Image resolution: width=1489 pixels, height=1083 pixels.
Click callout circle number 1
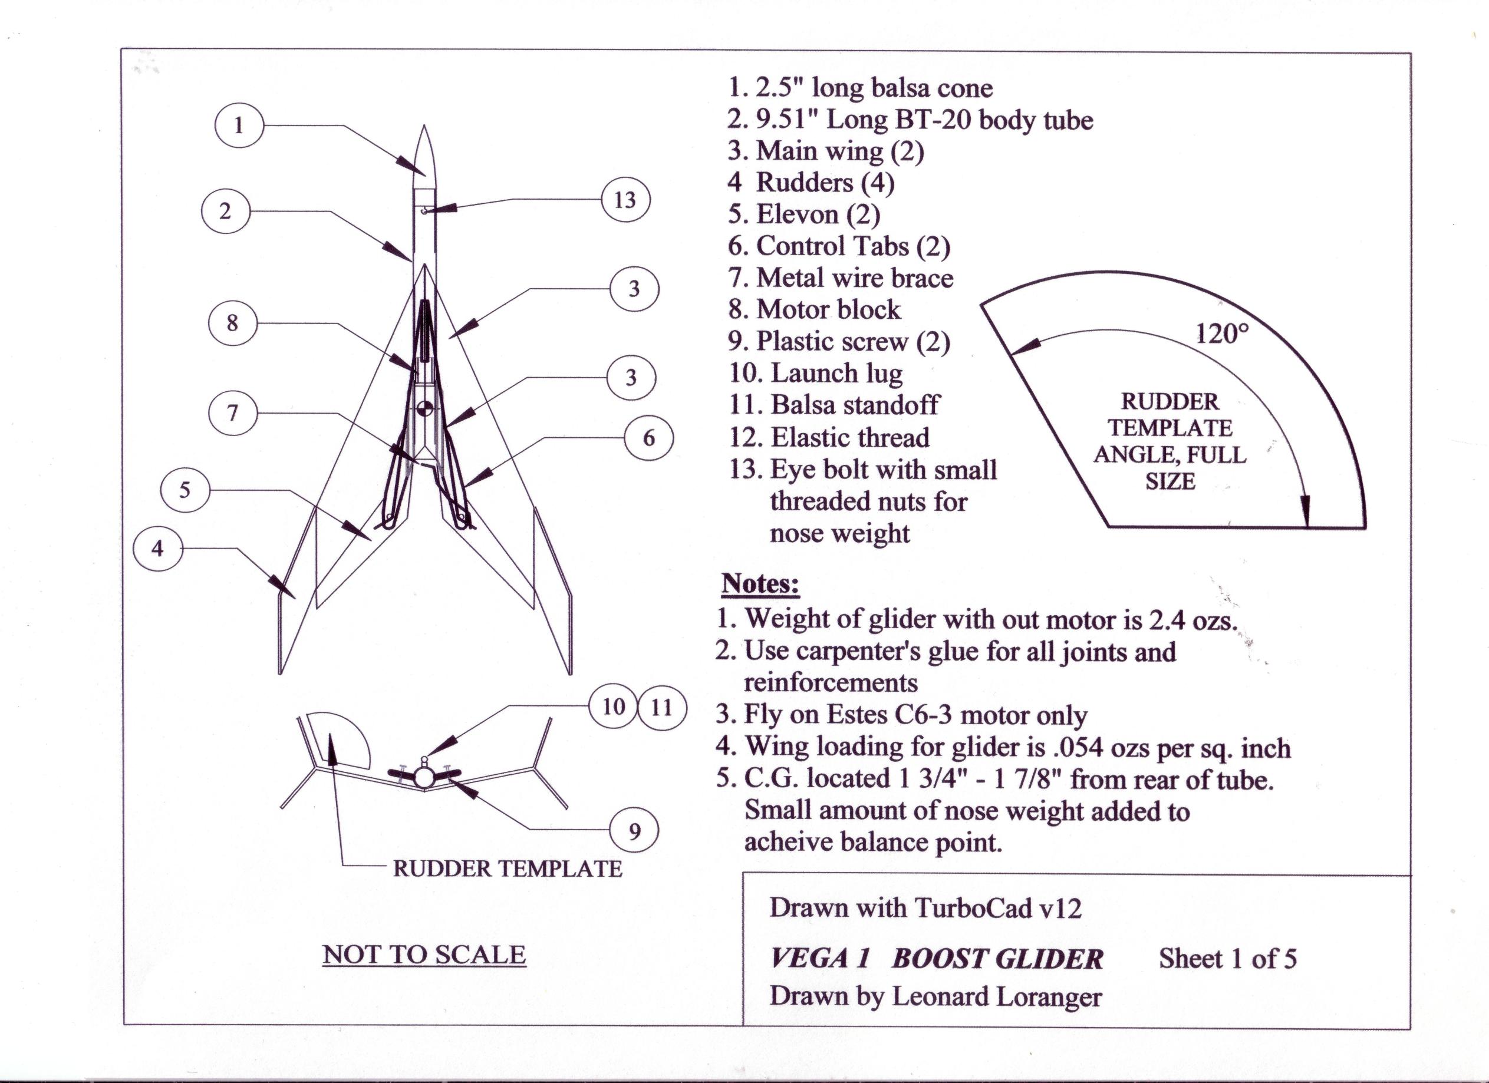[x=238, y=125]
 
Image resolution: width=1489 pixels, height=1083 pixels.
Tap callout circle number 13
[x=625, y=200]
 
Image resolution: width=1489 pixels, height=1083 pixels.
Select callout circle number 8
[x=232, y=323]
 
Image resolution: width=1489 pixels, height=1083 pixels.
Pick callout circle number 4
[x=157, y=548]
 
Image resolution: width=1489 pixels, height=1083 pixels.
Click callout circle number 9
[x=634, y=831]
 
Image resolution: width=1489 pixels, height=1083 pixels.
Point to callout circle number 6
[x=648, y=438]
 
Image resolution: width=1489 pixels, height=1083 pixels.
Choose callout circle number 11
[x=662, y=707]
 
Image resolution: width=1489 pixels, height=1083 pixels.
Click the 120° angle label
[x=1221, y=334]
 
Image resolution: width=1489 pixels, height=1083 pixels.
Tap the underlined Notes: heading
[x=760, y=583]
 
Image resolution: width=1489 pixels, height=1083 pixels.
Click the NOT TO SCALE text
[x=424, y=955]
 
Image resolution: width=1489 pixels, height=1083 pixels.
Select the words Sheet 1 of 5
[x=1227, y=959]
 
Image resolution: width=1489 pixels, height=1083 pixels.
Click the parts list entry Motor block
[x=829, y=309]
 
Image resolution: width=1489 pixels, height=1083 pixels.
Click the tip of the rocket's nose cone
[x=424, y=126]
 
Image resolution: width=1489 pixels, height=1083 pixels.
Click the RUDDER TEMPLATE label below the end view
[x=507, y=869]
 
